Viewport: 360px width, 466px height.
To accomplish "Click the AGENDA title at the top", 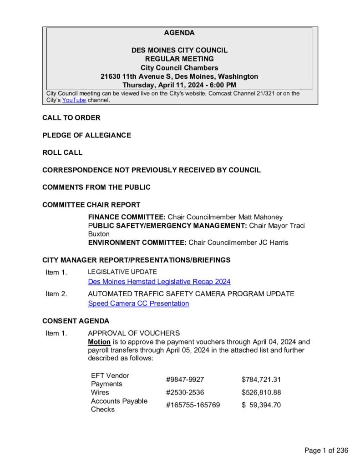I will pyautogui.click(x=179, y=33).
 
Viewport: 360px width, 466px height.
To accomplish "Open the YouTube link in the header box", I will pyautogui.click(x=74, y=100).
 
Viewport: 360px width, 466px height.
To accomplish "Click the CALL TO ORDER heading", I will pyautogui.click(x=71, y=118).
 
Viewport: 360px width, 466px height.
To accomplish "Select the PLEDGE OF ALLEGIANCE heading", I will pyautogui.click(x=86, y=135).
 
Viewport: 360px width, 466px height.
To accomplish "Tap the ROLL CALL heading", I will pyautogui.click(x=62, y=152).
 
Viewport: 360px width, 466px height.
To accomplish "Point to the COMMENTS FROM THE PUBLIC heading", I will pyautogui.click(x=96, y=187).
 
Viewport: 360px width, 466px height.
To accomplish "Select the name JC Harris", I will pyautogui.click(x=273, y=243).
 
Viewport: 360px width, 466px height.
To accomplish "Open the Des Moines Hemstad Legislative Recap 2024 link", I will pyautogui.click(x=159, y=282).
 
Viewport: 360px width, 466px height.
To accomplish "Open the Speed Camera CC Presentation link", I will pyautogui.click(x=138, y=304).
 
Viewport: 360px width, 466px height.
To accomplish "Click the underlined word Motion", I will pyautogui.click(x=99, y=342).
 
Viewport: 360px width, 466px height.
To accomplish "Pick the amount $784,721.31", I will pyautogui.click(x=261, y=380).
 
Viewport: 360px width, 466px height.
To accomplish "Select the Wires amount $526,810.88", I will pyautogui.click(x=261, y=392).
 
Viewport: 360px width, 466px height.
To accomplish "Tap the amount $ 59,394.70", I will pyautogui.click(x=261, y=405).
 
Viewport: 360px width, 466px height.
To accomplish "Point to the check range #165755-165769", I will pyautogui.click(x=193, y=405).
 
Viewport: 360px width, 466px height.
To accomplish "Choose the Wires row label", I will pyautogui.click(x=100, y=392).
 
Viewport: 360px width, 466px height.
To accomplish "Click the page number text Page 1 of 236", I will pyautogui.click(x=326, y=451).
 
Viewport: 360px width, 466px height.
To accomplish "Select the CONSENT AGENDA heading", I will pyautogui.click(x=76, y=321).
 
